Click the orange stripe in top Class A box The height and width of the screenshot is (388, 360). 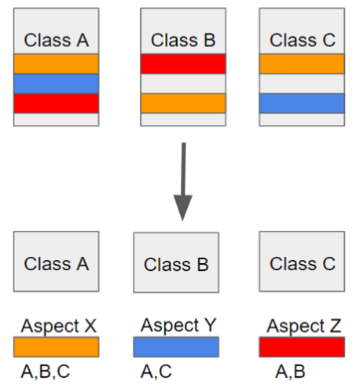tap(56, 64)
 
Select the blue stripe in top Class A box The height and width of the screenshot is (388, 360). tap(56, 83)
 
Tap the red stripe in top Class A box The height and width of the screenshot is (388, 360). tap(56, 103)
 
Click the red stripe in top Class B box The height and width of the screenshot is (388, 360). tap(183, 64)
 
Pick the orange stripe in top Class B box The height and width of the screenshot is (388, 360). tap(183, 103)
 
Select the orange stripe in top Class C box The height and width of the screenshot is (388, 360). tap(302, 64)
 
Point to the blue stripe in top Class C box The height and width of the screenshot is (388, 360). tap(302, 103)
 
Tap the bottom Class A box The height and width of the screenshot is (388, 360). tap(56, 263)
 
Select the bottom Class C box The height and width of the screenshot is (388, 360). tap(303, 263)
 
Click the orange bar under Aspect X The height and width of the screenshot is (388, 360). tap(56, 347)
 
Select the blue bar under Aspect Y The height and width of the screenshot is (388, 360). tap(176, 347)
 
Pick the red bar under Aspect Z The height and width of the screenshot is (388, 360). tap(303, 347)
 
